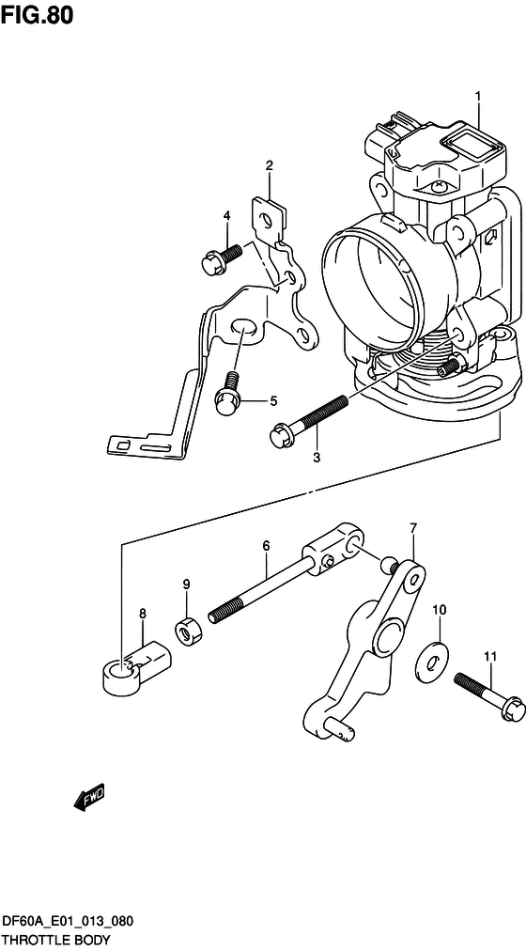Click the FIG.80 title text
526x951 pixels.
[37, 15]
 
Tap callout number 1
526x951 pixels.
[477, 96]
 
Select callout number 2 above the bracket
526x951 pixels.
[269, 165]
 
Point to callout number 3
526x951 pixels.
[317, 458]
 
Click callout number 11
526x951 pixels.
[489, 656]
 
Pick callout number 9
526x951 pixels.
[187, 585]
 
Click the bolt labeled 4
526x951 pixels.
[221, 257]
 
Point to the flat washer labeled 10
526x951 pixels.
[431, 660]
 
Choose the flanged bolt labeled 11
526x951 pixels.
[487, 696]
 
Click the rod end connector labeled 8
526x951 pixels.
[136, 666]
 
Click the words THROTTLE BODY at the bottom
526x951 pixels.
[51, 941]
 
